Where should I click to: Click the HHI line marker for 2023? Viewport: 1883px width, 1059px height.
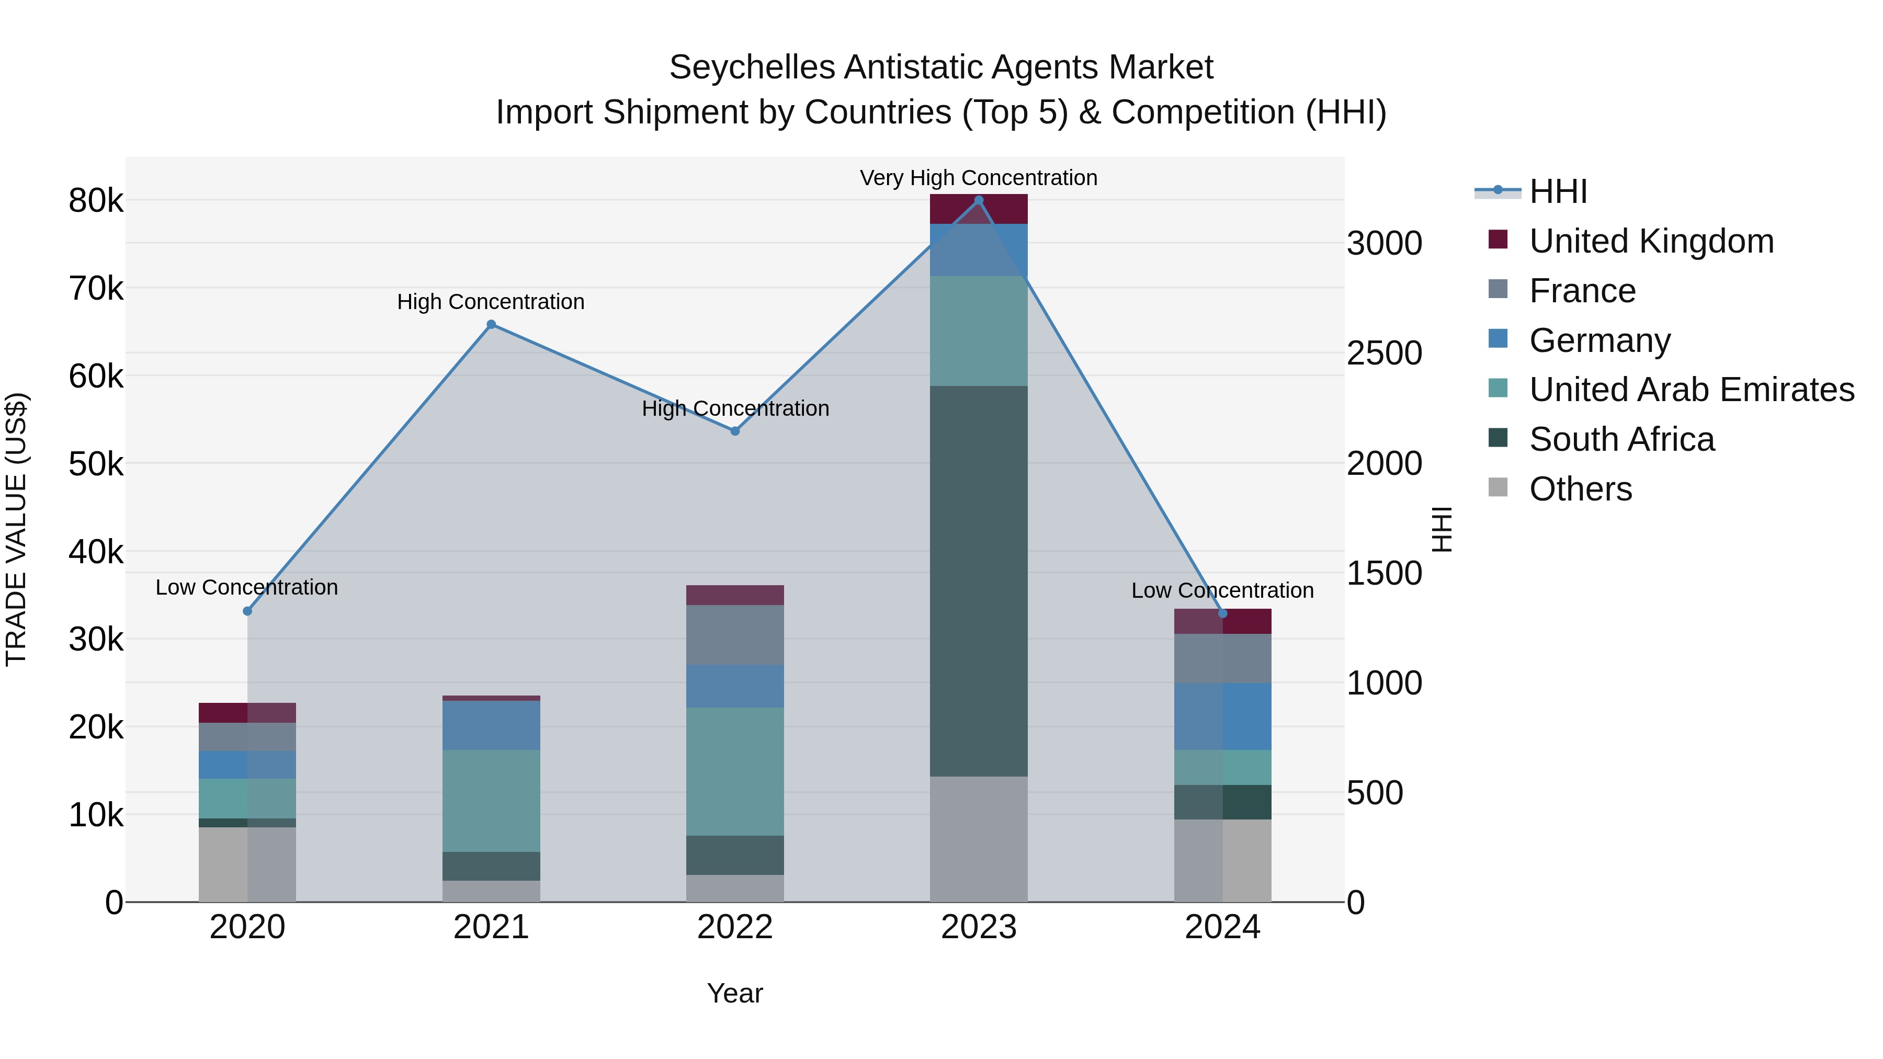tap(979, 200)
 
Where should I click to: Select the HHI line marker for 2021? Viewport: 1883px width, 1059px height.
tap(491, 324)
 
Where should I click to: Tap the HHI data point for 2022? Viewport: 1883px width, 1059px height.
tap(735, 431)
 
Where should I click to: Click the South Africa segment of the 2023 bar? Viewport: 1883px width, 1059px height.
tap(979, 581)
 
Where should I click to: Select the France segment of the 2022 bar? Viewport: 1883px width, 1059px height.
tap(735, 634)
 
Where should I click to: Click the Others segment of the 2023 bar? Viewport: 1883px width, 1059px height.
tap(979, 838)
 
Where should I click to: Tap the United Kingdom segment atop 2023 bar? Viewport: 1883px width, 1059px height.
tap(979, 209)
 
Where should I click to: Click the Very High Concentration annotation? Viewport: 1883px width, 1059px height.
tap(978, 178)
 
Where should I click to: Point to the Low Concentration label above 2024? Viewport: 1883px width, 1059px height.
tap(1222, 590)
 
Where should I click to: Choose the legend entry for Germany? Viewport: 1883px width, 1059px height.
tap(1600, 340)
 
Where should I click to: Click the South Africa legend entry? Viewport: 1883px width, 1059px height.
tap(1621, 439)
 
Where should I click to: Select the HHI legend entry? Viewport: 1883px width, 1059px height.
tap(1557, 191)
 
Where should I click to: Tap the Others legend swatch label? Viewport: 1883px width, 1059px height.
tap(1580, 489)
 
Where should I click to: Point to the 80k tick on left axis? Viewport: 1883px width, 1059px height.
tap(96, 201)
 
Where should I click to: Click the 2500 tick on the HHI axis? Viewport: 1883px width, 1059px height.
tap(1383, 354)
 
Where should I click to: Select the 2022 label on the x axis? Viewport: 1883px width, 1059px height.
tap(735, 927)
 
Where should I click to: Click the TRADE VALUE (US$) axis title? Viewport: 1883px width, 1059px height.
tap(16, 529)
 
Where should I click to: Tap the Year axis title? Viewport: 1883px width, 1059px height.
tap(735, 993)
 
